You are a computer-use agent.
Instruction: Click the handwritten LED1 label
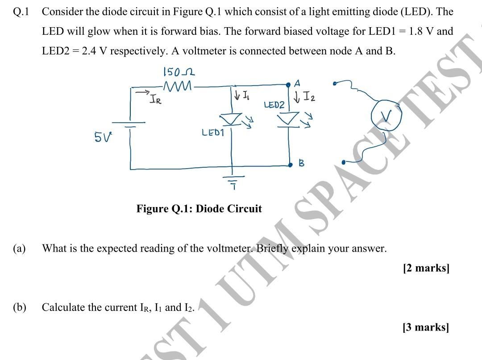[213, 132]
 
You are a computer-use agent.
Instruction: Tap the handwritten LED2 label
[274, 105]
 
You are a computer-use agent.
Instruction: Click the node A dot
[288, 83]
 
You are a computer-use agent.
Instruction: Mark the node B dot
[290, 165]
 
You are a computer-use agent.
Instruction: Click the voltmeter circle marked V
[387, 116]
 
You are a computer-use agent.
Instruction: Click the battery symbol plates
[129, 124]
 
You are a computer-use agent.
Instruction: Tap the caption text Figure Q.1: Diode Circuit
[199, 209]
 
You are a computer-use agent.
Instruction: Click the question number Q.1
[21, 12]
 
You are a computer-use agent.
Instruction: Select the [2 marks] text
[426, 268]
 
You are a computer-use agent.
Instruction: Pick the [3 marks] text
[426, 327]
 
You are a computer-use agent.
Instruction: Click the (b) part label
[20, 307]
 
